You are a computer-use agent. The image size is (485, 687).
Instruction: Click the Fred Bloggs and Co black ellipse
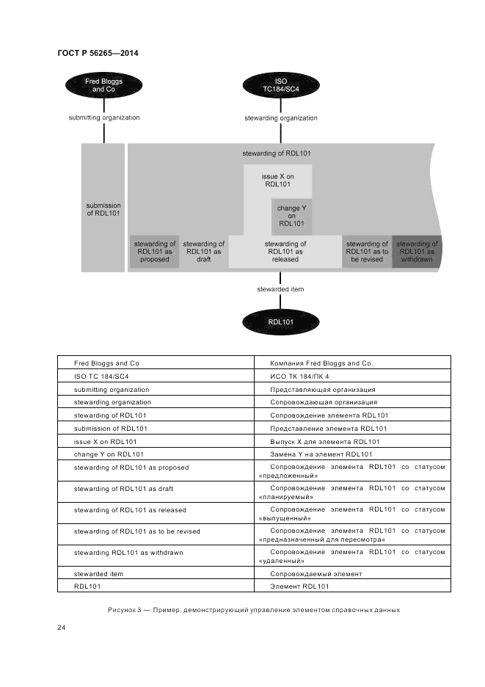tap(103, 86)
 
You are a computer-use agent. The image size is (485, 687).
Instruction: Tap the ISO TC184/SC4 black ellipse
tap(281, 86)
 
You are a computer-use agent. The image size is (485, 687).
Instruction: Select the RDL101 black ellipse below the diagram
tap(281, 321)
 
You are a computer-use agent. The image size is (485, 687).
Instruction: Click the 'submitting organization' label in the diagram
tap(103, 117)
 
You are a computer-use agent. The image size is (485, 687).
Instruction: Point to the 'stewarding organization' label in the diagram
tap(281, 118)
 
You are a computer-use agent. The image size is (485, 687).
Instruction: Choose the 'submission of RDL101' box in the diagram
tap(103, 209)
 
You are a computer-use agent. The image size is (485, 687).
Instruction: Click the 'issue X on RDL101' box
tap(277, 181)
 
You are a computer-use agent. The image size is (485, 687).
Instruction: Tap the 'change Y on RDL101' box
tap(291, 216)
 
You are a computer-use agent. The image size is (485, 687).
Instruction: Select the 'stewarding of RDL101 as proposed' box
tap(154, 252)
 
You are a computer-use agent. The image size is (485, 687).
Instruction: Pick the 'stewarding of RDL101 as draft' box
tap(203, 252)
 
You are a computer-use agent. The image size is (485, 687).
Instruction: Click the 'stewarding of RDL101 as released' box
tap(285, 252)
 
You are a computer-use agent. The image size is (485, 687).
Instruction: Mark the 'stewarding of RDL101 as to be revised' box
tap(367, 252)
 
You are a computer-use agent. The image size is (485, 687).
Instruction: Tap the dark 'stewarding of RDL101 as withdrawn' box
tap(416, 252)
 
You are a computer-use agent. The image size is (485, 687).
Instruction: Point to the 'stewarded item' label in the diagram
tap(280, 289)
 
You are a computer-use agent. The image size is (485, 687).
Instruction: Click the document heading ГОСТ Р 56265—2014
tap(98, 54)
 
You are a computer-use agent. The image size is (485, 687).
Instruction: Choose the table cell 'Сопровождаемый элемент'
tap(316, 573)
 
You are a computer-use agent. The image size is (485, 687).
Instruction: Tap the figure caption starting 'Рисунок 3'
tap(253, 610)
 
